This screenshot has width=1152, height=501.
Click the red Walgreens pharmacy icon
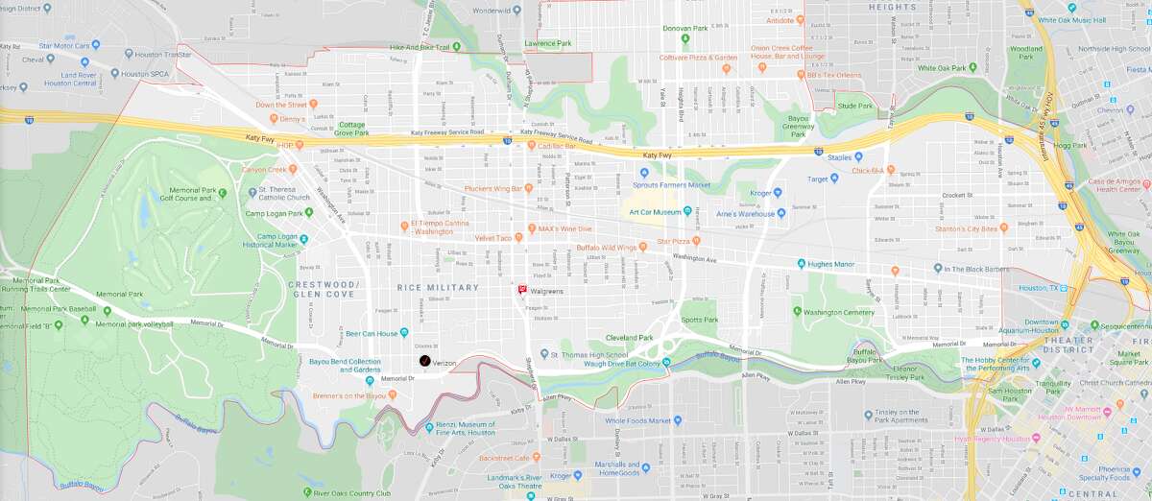coord(522,289)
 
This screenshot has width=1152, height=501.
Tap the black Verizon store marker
coord(424,361)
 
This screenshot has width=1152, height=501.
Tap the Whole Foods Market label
coord(637,420)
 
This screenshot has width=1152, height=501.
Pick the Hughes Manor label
coord(835,262)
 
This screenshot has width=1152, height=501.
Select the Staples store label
coord(840,156)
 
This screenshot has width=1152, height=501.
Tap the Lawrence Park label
coord(548,43)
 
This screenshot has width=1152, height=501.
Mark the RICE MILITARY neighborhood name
coord(437,287)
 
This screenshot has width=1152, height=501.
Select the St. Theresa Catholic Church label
coord(284,193)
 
